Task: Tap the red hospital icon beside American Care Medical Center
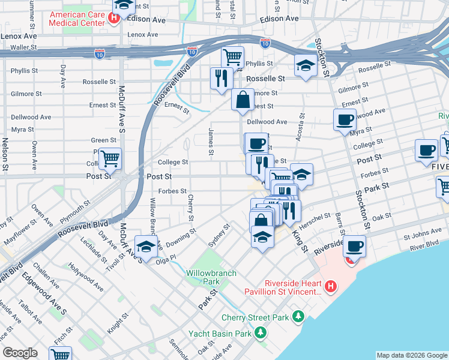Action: [113, 17]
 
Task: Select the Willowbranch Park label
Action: [211, 277]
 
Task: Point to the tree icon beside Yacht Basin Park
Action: [260, 332]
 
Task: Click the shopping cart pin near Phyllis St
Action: [232, 58]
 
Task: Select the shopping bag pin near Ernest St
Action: [243, 100]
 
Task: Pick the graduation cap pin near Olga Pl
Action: [146, 246]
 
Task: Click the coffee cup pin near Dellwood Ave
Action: [345, 119]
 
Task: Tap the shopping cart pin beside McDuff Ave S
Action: [110, 159]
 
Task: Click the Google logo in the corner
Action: [20, 352]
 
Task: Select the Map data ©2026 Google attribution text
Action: [411, 355]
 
